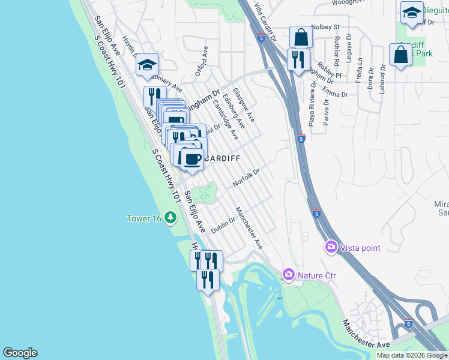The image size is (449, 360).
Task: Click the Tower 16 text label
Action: point(144,218)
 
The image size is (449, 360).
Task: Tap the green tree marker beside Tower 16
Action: point(171,217)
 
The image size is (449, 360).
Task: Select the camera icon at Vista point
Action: point(331,247)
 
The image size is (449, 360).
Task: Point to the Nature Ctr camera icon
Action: point(289,275)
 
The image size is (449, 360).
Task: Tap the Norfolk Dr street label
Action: point(246,177)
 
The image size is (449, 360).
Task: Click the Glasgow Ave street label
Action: point(244,104)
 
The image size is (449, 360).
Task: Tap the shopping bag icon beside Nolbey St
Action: point(301,37)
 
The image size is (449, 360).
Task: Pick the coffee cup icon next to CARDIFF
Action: point(192,159)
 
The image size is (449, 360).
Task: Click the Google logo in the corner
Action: point(20,353)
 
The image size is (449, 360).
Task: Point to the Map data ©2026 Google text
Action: point(412,355)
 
